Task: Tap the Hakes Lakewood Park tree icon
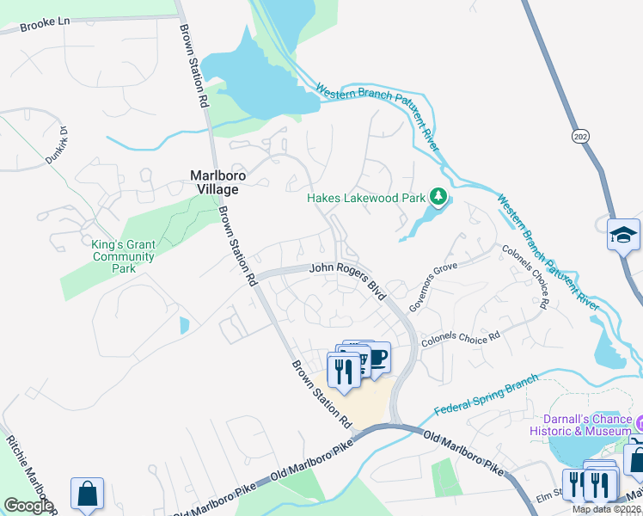(x=438, y=198)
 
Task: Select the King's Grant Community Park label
(x=124, y=256)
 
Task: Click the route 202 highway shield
(x=579, y=135)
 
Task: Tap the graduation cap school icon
(x=622, y=234)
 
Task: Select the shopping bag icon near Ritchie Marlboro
(x=87, y=494)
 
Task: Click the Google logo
(x=28, y=506)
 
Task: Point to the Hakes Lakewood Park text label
(x=367, y=198)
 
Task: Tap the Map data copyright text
(x=607, y=509)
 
